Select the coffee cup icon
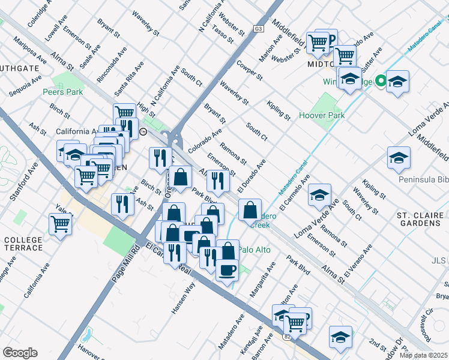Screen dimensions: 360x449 [x=227, y=269]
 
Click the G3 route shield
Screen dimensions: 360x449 [x=259, y=29]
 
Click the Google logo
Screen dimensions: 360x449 [x=20, y=353]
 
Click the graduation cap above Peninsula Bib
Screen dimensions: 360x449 [x=399, y=158]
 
